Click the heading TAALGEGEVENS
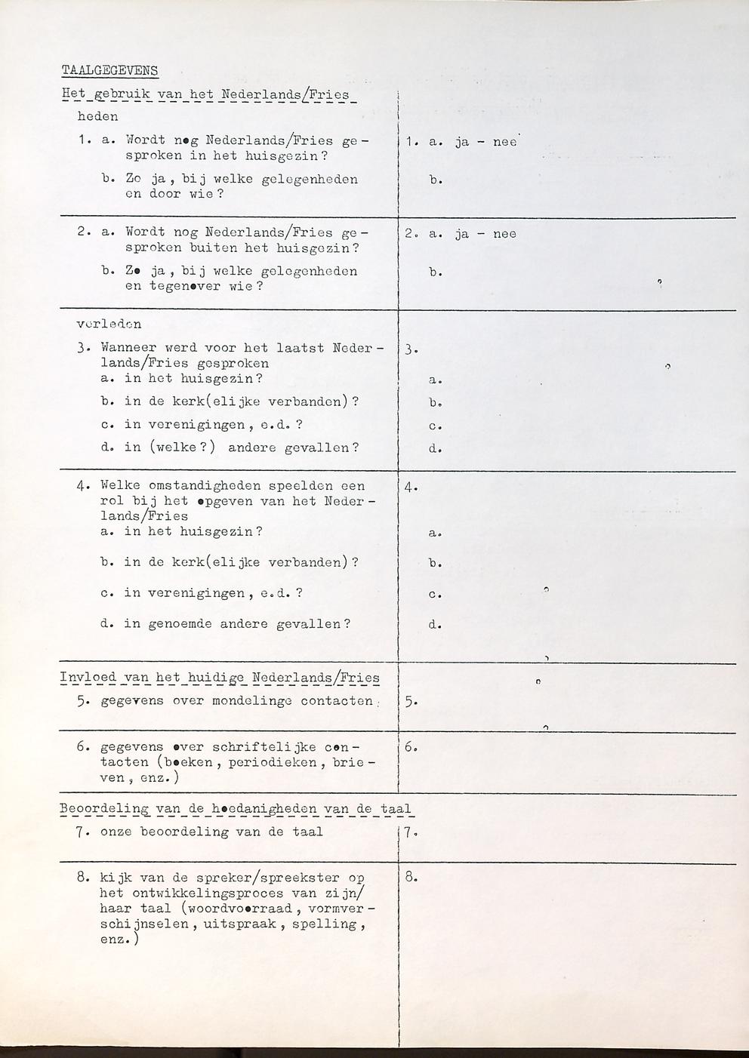[109, 71]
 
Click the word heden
[98, 117]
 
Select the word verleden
[109, 324]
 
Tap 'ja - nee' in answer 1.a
[486, 141]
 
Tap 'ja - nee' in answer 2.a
[486, 234]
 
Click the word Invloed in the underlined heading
[88, 677]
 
